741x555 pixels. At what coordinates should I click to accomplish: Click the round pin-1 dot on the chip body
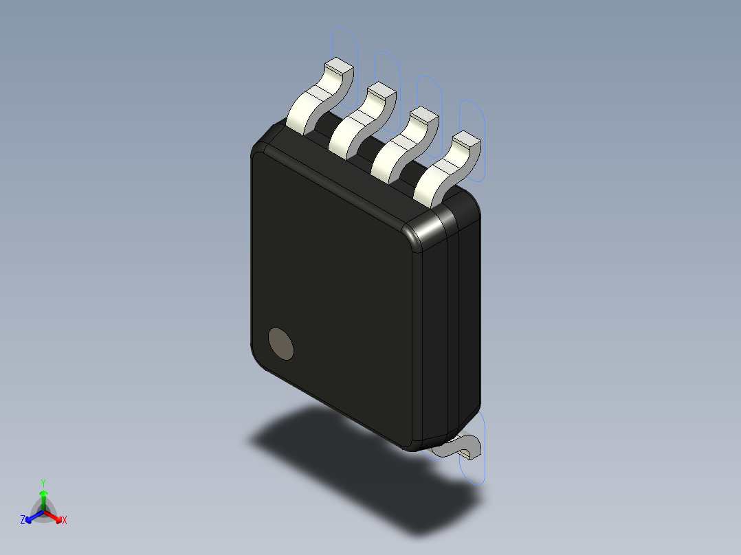280,343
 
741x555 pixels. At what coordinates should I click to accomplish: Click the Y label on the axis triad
43,482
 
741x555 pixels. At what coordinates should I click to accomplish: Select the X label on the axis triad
65,521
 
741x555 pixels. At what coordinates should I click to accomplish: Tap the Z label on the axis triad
23,521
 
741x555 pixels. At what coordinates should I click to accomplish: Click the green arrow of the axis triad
43,497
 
